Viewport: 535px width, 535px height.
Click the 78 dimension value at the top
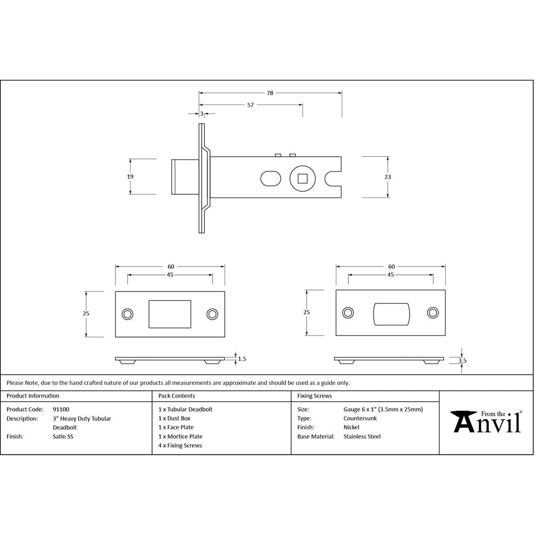pos(270,93)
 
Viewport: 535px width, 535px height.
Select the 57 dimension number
pos(250,105)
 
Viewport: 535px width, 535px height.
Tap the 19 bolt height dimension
pos(130,177)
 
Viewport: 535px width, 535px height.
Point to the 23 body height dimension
pos(388,177)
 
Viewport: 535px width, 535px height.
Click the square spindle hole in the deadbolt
pos(303,179)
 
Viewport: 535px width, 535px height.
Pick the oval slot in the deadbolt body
pos(271,179)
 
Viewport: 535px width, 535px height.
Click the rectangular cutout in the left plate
pos(170,314)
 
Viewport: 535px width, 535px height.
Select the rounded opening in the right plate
pos(391,314)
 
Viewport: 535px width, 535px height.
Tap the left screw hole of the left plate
pos(127,314)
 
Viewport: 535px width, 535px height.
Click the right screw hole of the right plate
pos(433,312)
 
